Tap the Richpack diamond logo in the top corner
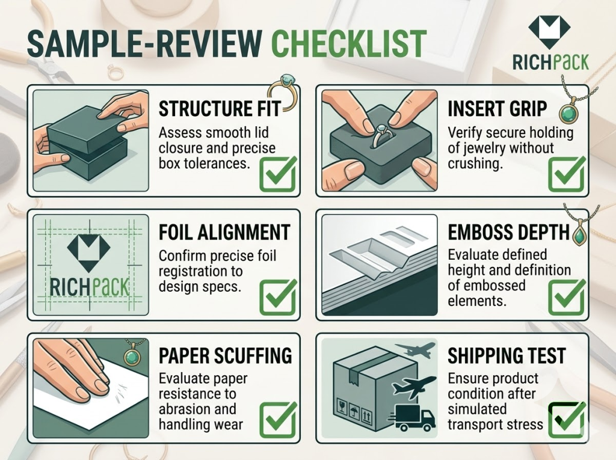549,32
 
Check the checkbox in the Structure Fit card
278,174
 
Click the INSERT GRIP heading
497,109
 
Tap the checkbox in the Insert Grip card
567,174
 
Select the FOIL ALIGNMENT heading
224,232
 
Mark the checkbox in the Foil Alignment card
278,298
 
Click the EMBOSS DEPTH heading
509,232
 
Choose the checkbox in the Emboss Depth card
567,298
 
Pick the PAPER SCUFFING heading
226,355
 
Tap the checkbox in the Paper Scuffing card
278,420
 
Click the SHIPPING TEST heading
507,355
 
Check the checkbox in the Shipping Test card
567,420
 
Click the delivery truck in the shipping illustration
412,417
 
